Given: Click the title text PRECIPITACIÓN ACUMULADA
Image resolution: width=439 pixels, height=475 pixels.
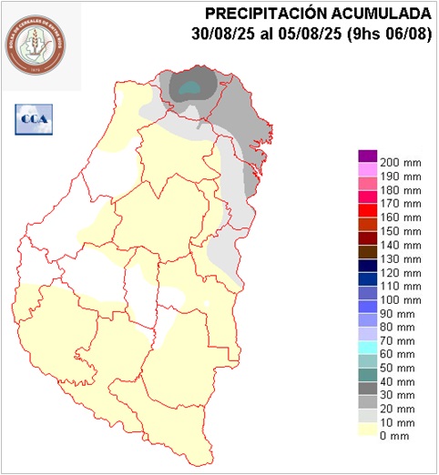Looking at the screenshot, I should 318,14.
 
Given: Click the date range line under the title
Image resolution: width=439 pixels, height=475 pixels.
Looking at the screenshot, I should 312,35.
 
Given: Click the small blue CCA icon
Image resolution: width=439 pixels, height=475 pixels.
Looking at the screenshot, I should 34,118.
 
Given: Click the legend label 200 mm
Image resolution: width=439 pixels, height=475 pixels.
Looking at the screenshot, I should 401,161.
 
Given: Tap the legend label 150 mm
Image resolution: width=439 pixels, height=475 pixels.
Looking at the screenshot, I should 401,231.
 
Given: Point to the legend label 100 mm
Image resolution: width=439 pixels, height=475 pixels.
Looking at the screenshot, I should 401,301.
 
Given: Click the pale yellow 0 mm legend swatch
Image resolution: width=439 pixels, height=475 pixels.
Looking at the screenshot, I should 368,434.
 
